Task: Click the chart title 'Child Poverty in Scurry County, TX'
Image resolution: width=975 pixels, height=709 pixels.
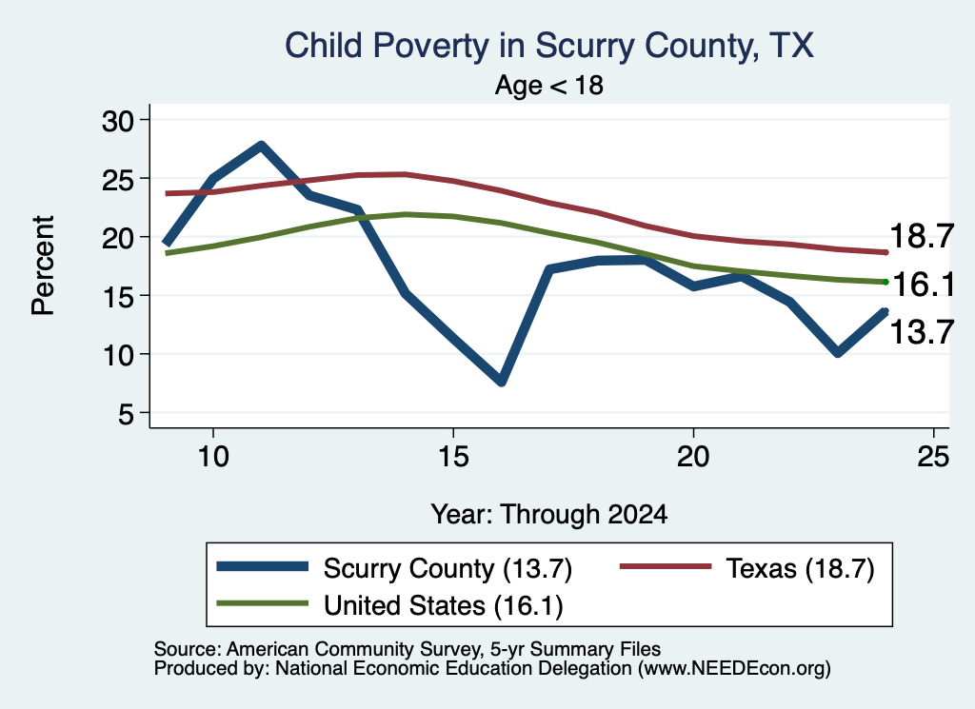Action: pos(549,46)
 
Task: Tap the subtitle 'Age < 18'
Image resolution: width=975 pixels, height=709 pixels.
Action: pos(549,85)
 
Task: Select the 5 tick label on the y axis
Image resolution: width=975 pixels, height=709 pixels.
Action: pos(127,413)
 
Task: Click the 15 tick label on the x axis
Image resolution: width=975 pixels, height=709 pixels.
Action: pos(453,457)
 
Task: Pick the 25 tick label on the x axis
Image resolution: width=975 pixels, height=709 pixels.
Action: pos(933,457)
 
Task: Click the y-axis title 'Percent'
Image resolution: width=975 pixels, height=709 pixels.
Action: pos(43,266)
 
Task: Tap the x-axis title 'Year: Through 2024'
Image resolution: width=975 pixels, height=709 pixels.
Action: pos(549,515)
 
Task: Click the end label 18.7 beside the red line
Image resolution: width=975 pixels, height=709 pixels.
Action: pos(922,236)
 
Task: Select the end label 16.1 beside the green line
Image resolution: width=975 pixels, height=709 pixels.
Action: pos(923,285)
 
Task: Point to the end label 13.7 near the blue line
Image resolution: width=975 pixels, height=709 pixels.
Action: pos(922,332)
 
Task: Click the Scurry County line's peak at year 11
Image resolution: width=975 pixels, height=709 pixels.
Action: pos(261,146)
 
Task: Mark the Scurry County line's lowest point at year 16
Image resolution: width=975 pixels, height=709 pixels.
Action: pos(502,381)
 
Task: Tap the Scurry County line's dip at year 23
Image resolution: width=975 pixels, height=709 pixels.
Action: pos(838,352)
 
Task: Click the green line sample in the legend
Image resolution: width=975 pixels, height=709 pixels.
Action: pos(263,603)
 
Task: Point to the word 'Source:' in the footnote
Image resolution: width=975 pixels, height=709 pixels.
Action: pos(188,649)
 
